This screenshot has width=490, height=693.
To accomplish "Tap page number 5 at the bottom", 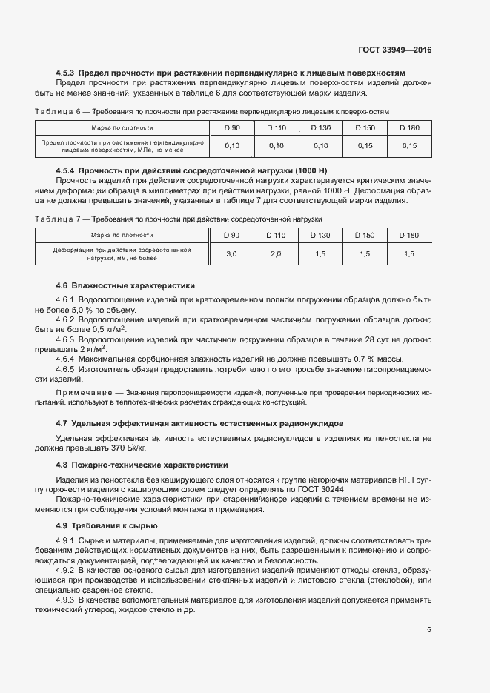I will click(x=428, y=631).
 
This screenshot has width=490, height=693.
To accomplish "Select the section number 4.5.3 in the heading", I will click(x=66, y=74).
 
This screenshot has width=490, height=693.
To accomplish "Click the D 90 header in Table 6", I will click(x=232, y=128).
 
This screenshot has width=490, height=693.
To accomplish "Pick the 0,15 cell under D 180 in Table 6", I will click(x=409, y=146).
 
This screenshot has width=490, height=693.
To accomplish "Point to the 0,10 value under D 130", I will click(x=320, y=146).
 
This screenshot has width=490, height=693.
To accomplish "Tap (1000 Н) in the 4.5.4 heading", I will click(x=278, y=171).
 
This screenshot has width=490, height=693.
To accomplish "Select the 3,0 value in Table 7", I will click(x=231, y=254).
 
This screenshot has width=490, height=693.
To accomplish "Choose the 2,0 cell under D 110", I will click(x=276, y=254).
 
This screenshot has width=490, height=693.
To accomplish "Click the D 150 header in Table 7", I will click(x=365, y=236).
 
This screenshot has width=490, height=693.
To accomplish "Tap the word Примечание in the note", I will click(x=80, y=391).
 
